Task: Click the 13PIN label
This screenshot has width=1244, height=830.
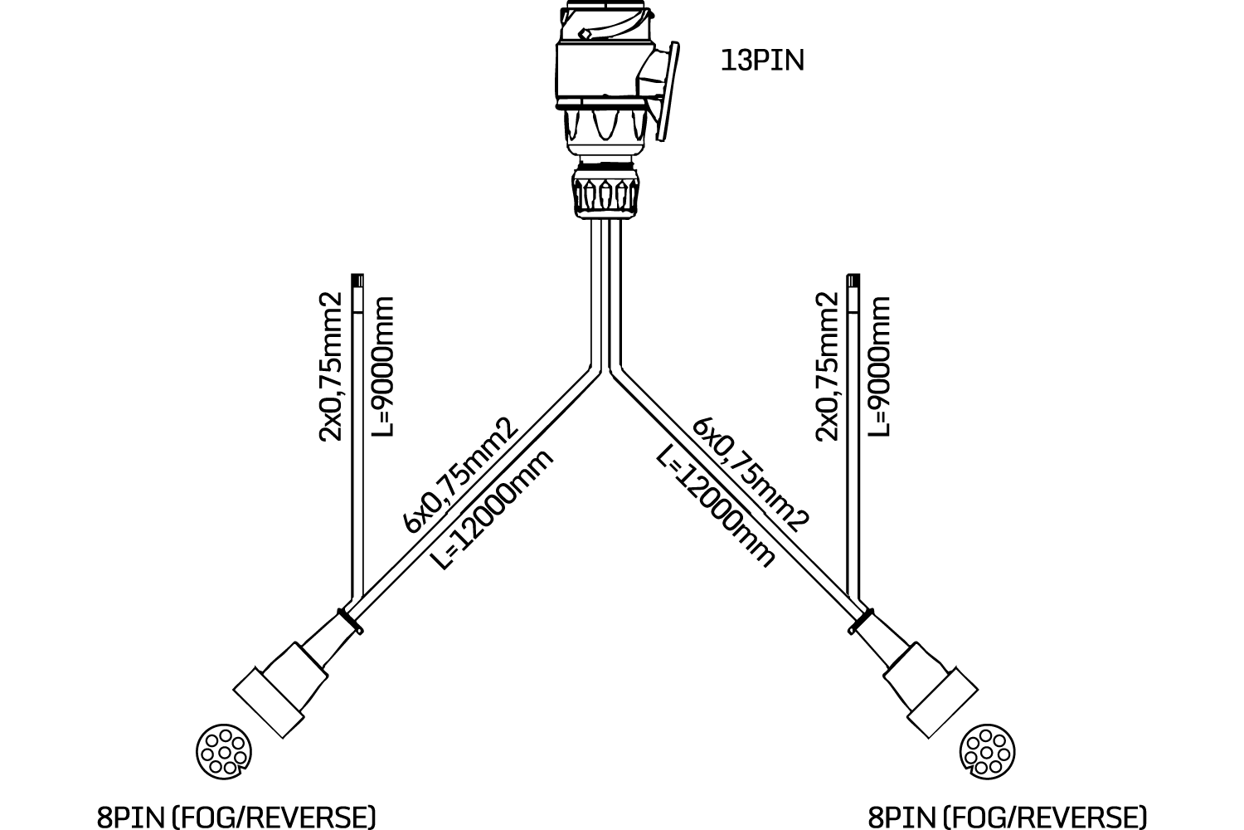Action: point(762,61)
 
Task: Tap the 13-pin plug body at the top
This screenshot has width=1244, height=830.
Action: point(601,75)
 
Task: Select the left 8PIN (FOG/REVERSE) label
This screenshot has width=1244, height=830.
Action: point(236,816)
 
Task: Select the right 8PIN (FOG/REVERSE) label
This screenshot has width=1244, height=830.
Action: point(1008,816)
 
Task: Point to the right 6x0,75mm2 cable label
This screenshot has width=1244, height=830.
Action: point(751,473)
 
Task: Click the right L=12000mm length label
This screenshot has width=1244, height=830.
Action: point(715,506)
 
